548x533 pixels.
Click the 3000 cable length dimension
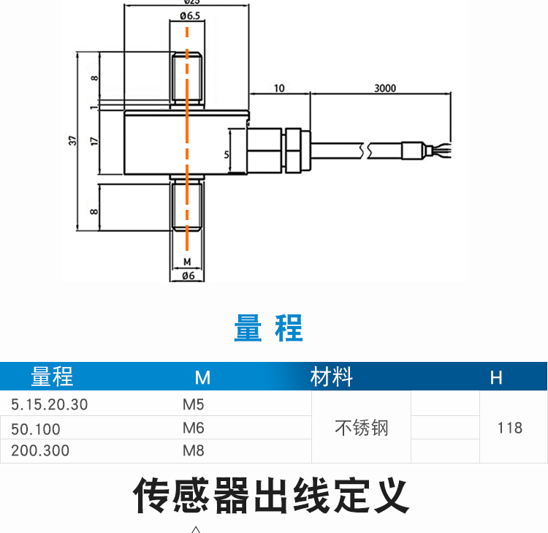pos(384,88)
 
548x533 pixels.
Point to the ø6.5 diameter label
pos(187,16)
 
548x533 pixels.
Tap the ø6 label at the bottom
pos(187,276)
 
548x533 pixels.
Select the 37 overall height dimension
pos(72,140)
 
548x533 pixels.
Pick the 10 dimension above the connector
pos(279,88)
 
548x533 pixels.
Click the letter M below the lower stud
pos(187,261)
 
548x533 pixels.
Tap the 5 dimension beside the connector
pos(227,154)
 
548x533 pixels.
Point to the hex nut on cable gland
pos(294,150)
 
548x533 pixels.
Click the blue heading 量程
pos(268,328)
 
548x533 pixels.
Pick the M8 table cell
pos(194,450)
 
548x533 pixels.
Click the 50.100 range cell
pos(36,428)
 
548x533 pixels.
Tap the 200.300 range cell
pos(40,450)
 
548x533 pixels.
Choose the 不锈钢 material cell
pos(361,428)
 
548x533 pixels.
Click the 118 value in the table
pos(509,428)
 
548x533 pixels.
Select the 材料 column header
pos(331,377)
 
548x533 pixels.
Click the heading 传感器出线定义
pos(271,496)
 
